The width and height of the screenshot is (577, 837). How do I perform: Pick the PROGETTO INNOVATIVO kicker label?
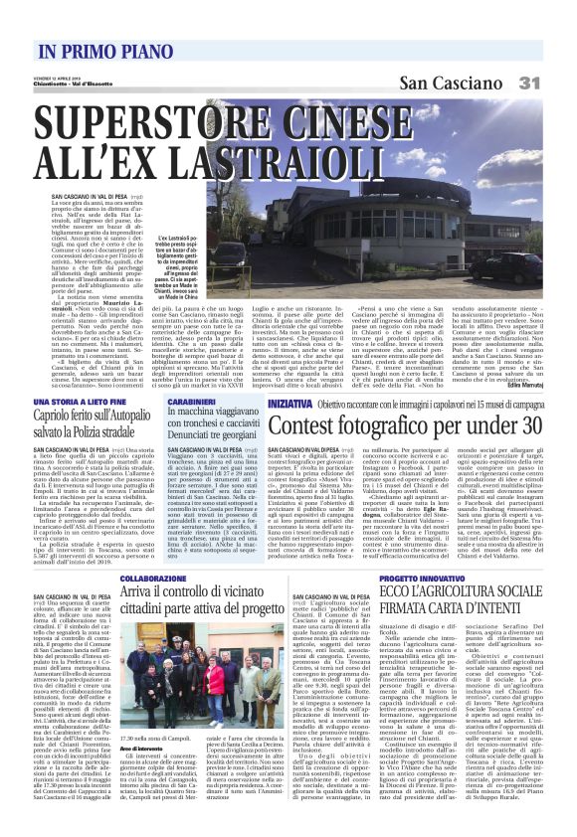[x=418, y=578]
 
